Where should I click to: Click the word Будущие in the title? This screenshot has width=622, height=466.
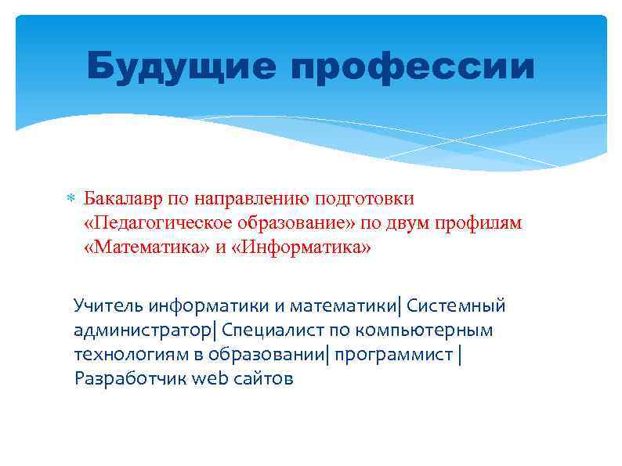coord(181,67)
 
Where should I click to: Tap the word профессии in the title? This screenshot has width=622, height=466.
coord(413,67)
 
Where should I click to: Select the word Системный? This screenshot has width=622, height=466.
coord(456,305)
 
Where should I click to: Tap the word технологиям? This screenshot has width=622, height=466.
coord(122,355)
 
